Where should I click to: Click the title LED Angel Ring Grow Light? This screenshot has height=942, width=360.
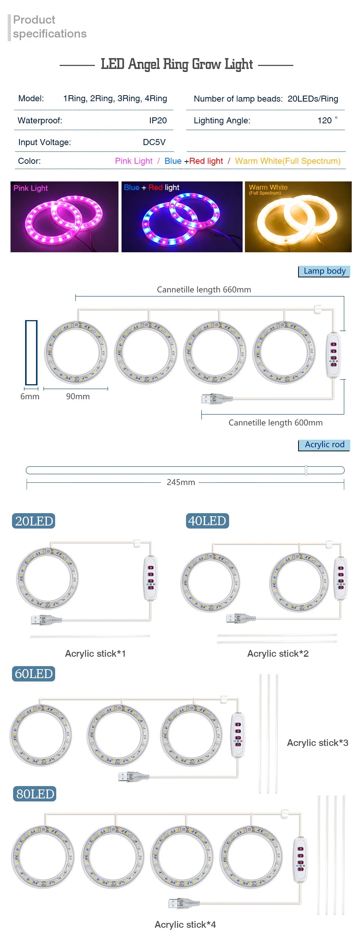click(177, 64)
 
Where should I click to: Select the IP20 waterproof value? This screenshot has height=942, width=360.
click(158, 120)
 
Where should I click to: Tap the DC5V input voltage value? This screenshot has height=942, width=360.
click(154, 142)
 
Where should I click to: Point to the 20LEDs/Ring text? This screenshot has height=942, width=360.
click(313, 99)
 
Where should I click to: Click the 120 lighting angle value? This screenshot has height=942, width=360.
click(325, 120)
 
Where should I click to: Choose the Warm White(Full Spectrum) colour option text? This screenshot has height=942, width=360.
click(288, 161)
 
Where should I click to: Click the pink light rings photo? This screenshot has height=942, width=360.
click(64, 217)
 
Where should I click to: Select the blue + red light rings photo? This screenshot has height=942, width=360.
click(182, 217)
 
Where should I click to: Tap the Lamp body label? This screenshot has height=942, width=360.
click(324, 271)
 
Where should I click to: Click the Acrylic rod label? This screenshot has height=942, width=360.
click(324, 445)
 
